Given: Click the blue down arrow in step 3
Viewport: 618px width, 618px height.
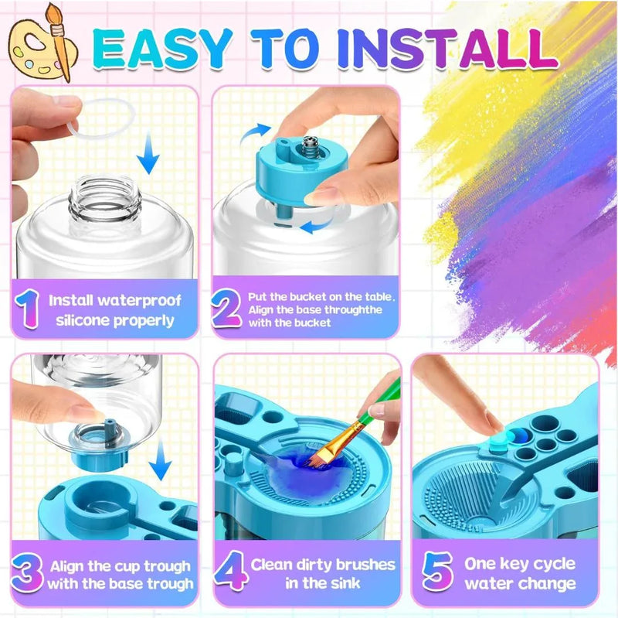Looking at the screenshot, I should tap(160, 467).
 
